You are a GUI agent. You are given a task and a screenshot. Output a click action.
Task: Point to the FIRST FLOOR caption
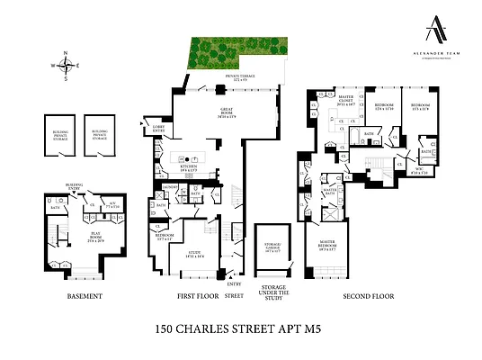click(192, 296)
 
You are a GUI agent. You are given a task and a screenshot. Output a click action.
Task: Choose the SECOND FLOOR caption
click(368, 296)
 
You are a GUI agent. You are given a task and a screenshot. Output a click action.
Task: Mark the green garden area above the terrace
click(237, 53)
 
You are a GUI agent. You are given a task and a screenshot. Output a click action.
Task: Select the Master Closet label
click(346, 102)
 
